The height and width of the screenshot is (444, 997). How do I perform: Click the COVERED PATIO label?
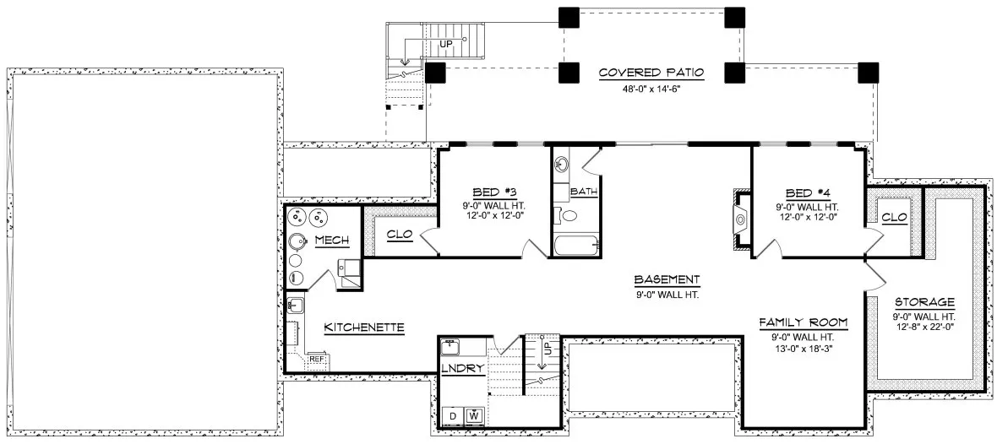click(651, 73)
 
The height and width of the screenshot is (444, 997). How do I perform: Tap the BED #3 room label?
click(493, 192)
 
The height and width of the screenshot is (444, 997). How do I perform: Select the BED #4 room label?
click(806, 192)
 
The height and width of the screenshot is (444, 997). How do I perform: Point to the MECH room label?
click(331, 241)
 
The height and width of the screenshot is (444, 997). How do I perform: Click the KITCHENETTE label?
click(364, 327)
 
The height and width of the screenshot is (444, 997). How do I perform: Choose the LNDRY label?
click(462, 369)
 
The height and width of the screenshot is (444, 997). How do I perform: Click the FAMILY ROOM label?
click(803, 323)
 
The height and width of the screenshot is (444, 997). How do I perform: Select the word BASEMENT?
click(667, 279)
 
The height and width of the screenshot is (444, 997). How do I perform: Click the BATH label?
click(584, 192)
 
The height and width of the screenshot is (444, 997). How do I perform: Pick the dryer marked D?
click(453, 416)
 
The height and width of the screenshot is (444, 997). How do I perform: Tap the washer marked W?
click(473, 416)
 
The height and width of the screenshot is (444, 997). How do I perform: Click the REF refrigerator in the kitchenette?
click(317, 360)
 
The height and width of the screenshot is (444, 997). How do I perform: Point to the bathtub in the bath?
click(577, 246)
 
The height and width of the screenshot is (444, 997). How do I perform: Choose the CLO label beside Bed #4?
click(894, 218)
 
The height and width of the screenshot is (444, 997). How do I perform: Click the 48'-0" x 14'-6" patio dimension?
click(651, 88)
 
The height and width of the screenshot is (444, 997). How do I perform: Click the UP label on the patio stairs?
click(445, 42)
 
